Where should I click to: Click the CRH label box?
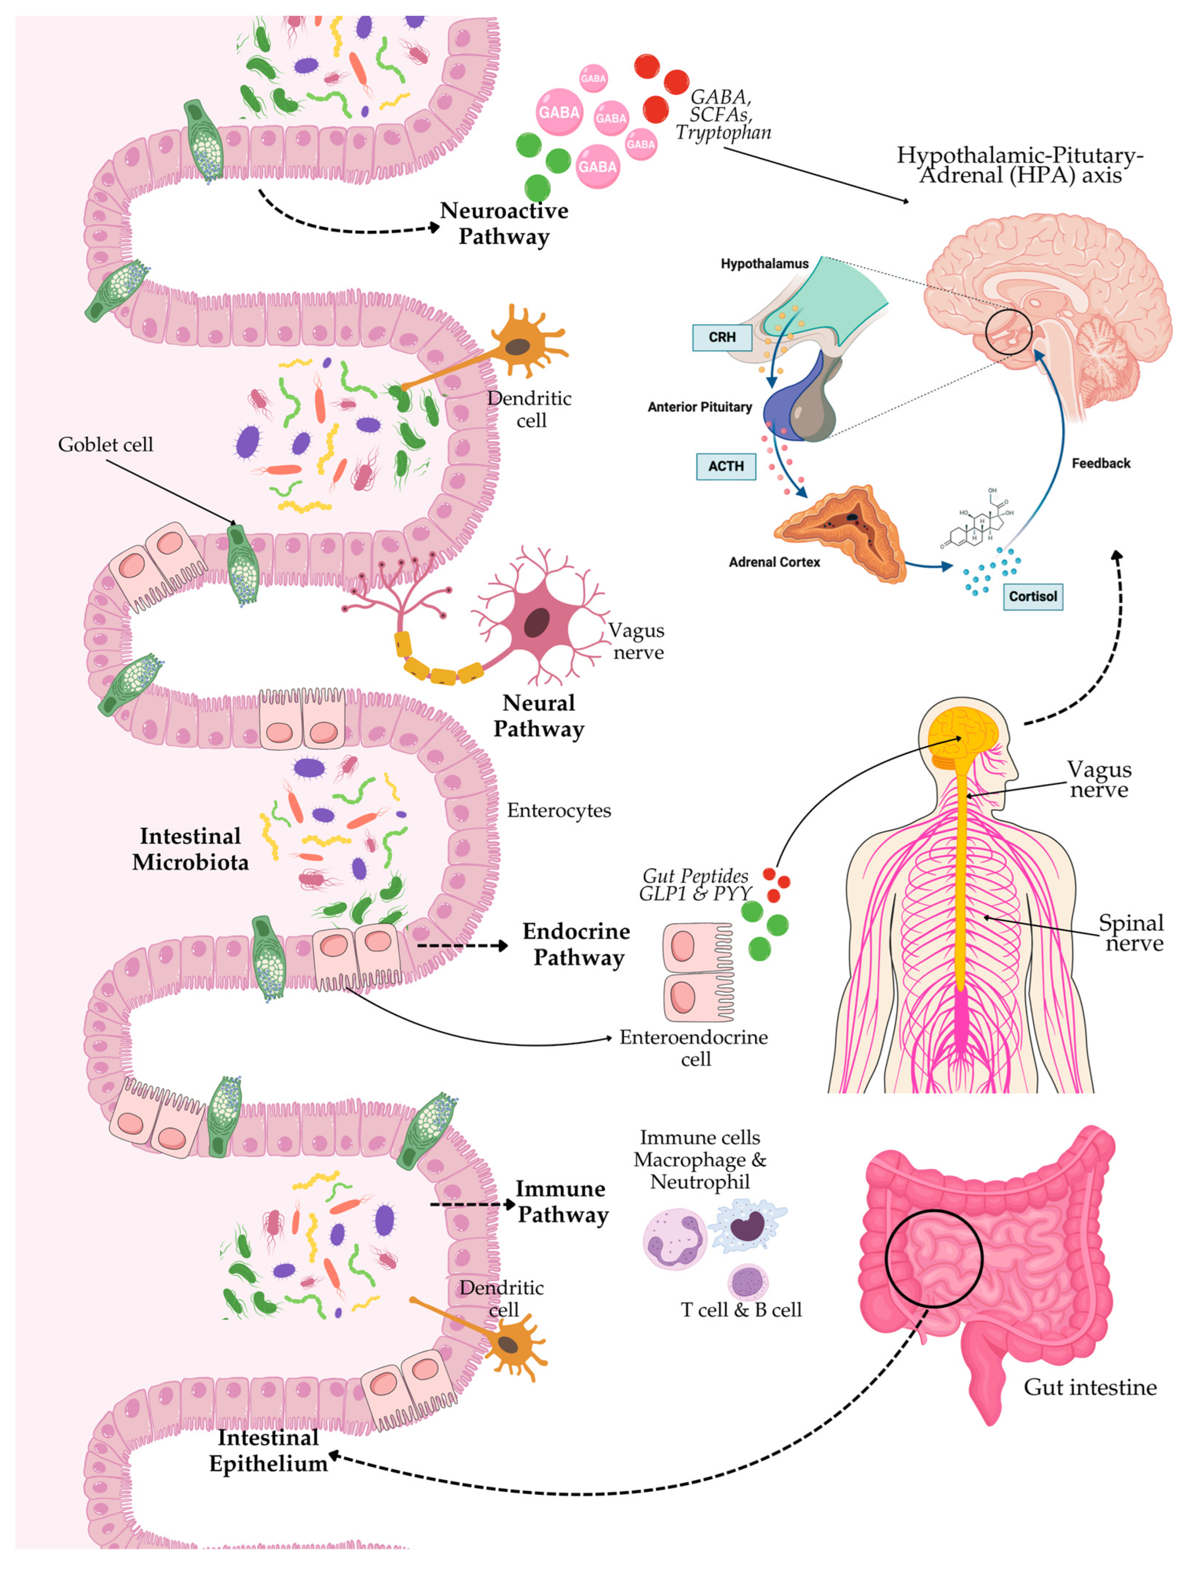pos(721,337)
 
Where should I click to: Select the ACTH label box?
pos(726,466)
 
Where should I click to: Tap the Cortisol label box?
pos(1032,596)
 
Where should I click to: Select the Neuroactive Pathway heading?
pos(504,223)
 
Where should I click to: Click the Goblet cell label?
pos(105,445)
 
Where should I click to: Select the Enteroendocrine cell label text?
pos(693,1047)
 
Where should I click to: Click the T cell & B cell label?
pos(741,1309)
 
